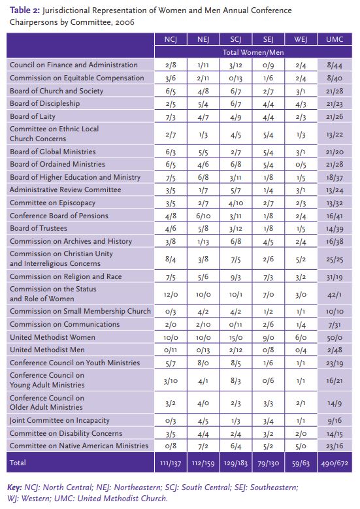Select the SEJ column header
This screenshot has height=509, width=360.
tap(268, 39)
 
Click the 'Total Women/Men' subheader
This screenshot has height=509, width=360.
tap(252, 52)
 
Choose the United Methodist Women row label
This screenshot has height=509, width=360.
tap(52, 337)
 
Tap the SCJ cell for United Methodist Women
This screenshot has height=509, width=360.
tap(235, 337)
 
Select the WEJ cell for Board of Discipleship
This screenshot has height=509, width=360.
tap(301, 103)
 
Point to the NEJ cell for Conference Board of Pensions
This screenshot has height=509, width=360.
tap(203, 216)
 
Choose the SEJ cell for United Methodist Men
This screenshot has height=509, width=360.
tap(268, 350)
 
